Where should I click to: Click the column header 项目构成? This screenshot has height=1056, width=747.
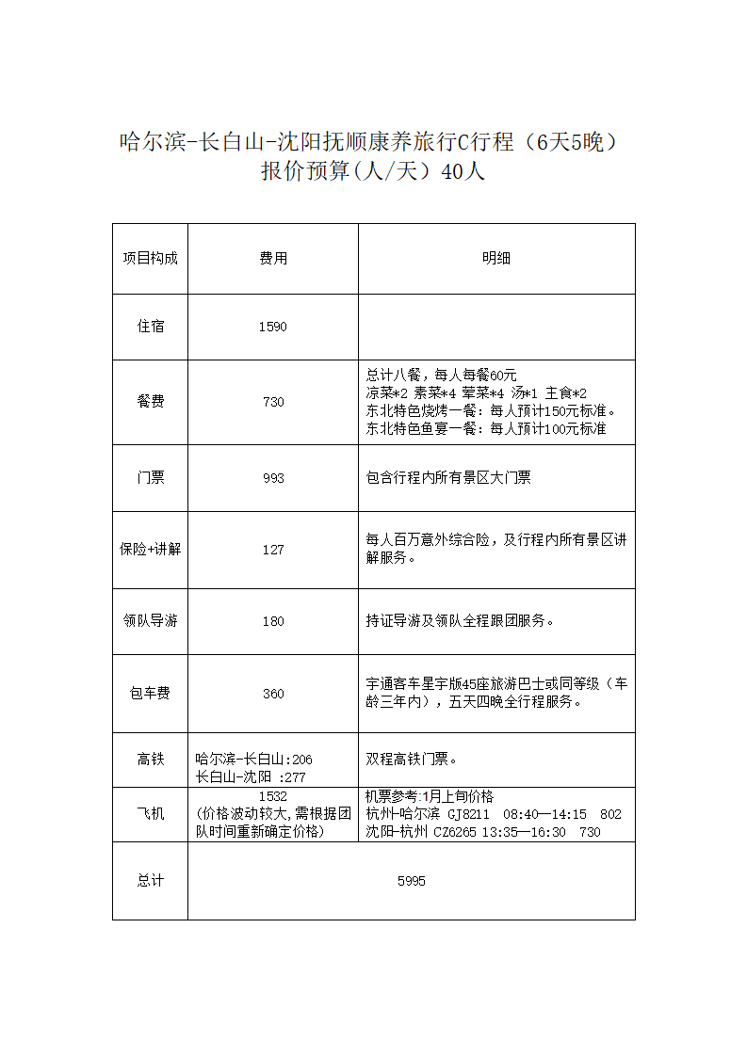[x=150, y=259]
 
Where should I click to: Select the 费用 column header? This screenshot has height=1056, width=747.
[x=273, y=259]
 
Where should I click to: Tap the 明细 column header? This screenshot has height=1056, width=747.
[x=496, y=259]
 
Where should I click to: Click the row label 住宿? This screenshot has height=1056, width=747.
[x=150, y=327]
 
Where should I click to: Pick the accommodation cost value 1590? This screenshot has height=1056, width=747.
[x=272, y=327]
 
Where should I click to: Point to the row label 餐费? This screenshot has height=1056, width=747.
[x=150, y=402]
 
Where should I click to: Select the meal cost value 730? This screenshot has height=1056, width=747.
[x=273, y=402]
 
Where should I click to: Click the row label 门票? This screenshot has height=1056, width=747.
[x=150, y=478]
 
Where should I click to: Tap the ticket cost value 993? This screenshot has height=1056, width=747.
[x=273, y=478]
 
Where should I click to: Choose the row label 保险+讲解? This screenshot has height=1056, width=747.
[x=150, y=550]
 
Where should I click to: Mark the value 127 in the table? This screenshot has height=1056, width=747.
[x=273, y=550]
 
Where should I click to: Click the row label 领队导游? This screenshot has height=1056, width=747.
[x=150, y=621]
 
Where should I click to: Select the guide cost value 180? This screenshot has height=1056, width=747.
[x=273, y=621]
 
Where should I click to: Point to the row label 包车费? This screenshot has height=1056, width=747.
[x=150, y=694]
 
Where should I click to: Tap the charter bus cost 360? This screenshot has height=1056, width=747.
[x=273, y=694]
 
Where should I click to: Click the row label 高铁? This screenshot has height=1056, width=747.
[x=150, y=759]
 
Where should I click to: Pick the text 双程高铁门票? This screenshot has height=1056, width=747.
[x=412, y=759]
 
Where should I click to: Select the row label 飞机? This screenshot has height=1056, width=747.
[x=150, y=813]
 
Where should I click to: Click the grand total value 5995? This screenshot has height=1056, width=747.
[x=412, y=881]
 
